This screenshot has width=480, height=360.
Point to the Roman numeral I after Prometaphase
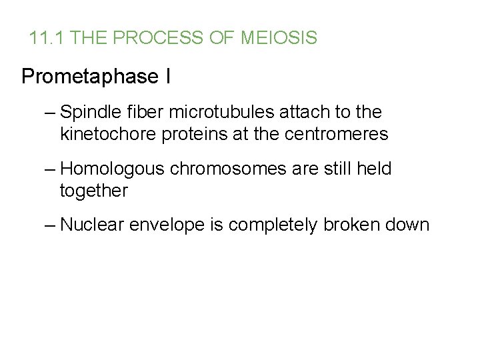[167, 77]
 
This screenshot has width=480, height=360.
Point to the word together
[93, 191]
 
